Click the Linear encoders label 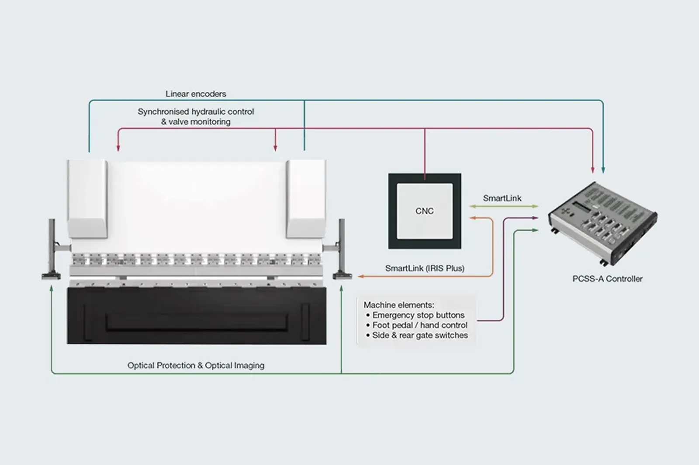coord(196,94)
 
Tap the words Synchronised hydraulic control coord(196,112)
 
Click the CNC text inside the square coord(424,211)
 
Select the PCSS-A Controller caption coord(607,279)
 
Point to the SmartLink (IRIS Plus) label coord(425,268)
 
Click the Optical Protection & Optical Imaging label coord(196,365)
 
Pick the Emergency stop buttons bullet coord(415,315)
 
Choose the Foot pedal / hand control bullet coord(417,325)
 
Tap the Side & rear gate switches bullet coord(417,335)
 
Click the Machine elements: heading coord(399,305)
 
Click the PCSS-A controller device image coord(602,224)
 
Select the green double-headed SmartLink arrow coord(504,206)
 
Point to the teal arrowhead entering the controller coord(603,170)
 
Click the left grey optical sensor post coord(52,248)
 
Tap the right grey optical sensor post coord(342,248)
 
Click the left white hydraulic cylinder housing coord(88,199)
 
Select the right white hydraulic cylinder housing coord(306,199)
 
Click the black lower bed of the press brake coord(197,316)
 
